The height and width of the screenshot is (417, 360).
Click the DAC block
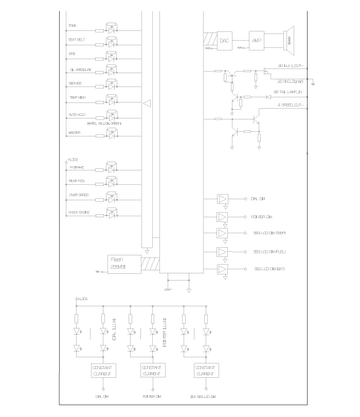(x=224, y=40)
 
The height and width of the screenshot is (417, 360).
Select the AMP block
(x=256, y=40)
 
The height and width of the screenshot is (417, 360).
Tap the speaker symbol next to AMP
(x=288, y=39)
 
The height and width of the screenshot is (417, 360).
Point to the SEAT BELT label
(x=77, y=39)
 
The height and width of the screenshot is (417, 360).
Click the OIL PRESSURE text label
(x=80, y=69)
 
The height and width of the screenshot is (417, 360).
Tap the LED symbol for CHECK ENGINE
(x=112, y=214)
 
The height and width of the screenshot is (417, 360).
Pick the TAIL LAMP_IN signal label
(x=288, y=92)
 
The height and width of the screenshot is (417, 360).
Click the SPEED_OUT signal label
(x=291, y=105)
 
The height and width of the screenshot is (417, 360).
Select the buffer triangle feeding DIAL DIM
(x=223, y=199)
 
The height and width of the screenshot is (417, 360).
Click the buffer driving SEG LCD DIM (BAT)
(x=223, y=269)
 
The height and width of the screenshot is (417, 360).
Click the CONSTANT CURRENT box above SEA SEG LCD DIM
(x=206, y=370)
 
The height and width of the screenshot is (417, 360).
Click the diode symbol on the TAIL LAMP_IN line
(x=268, y=96)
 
